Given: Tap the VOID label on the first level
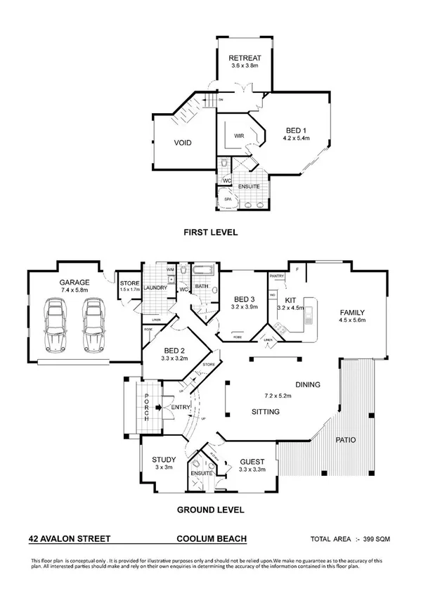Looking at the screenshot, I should (183, 143).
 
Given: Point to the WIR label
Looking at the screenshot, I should (238, 134).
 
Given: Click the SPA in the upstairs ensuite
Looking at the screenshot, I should (228, 200).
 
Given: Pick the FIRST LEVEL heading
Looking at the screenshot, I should (210, 232).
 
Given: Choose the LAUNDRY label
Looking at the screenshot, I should (155, 287).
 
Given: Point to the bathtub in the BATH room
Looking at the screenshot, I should (205, 271).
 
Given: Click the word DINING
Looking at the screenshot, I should (308, 385).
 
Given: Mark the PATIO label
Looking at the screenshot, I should (344, 440).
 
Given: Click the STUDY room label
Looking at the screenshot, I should (164, 460).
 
